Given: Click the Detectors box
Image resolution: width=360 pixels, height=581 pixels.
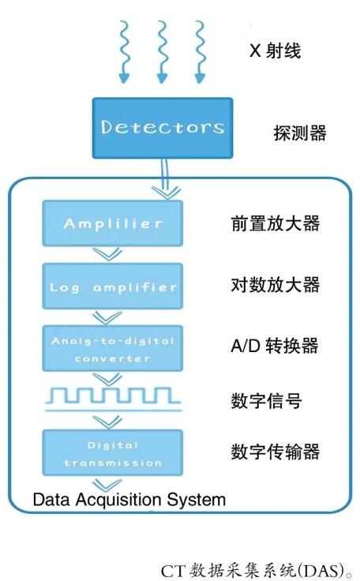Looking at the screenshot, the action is (x=163, y=128).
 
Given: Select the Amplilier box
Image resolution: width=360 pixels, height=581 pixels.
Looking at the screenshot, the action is (x=112, y=223).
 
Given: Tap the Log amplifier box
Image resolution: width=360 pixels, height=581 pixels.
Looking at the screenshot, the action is (x=112, y=286).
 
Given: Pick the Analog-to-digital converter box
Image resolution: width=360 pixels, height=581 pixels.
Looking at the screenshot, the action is (x=112, y=348).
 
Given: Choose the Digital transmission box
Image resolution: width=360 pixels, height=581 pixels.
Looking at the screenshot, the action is (x=112, y=452).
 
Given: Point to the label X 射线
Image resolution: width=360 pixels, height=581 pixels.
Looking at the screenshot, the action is (x=275, y=51).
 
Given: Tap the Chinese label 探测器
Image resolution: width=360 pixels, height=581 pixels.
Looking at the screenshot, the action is (x=300, y=133).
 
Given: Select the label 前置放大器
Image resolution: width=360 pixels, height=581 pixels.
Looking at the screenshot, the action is (x=275, y=223).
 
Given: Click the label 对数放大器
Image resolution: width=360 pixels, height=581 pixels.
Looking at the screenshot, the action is (x=275, y=285).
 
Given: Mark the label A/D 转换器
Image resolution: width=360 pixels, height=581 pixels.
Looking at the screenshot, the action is (x=275, y=345).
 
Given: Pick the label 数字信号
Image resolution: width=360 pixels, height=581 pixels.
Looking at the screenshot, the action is (x=266, y=401).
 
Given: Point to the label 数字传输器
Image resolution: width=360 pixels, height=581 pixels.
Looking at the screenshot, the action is (x=275, y=452).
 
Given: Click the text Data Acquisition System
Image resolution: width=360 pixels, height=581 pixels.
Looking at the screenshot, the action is (x=129, y=500).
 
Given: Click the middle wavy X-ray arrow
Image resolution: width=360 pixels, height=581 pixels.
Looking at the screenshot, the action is (x=163, y=52).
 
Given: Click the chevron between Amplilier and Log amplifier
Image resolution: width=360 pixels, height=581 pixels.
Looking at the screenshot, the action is (x=107, y=254).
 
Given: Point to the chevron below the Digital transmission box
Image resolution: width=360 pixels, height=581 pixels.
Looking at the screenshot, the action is (x=107, y=485).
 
